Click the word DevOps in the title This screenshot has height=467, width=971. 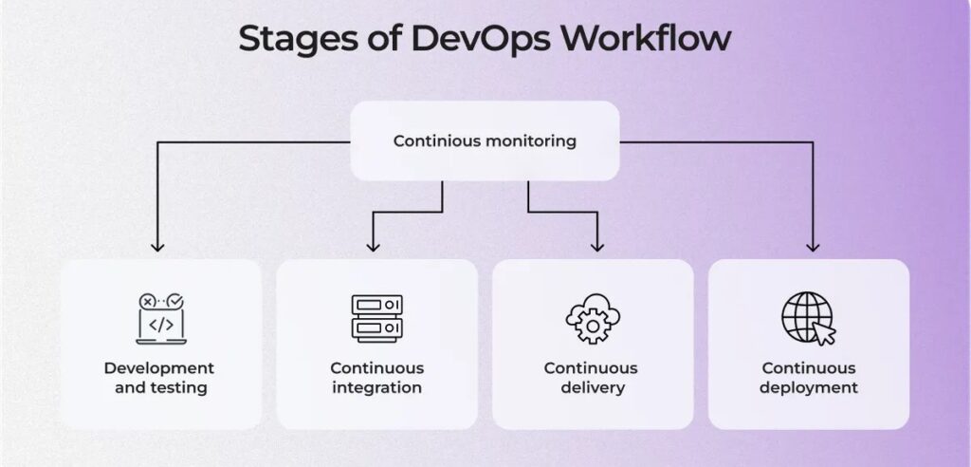tap(479, 39)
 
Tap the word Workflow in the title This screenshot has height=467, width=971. tap(646, 39)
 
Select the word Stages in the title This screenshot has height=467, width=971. tap(298, 40)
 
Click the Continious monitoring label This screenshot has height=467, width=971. tap(485, 140)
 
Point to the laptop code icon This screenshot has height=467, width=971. tap(161, 319)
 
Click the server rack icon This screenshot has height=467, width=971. tap(377, 318)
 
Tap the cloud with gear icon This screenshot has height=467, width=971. tap(593, 319)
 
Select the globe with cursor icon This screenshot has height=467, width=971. tap(808, 318)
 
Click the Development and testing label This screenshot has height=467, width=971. tap(159, 378)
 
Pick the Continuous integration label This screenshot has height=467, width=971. tap(377, 378)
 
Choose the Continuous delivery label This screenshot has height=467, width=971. tap(591, 378)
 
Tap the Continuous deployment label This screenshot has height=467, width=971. tap(809, 378)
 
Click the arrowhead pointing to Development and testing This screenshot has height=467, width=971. tap(158, 246)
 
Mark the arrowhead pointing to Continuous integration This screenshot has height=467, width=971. tap(373, 246)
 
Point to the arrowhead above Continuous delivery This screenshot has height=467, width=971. tap(597, 246)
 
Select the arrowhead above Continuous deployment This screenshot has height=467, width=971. tap(813, 246)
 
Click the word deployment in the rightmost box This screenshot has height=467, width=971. tap(809, 388)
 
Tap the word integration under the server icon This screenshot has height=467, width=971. tap(377, 387)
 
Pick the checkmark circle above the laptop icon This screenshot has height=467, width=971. tap(175, 301)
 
